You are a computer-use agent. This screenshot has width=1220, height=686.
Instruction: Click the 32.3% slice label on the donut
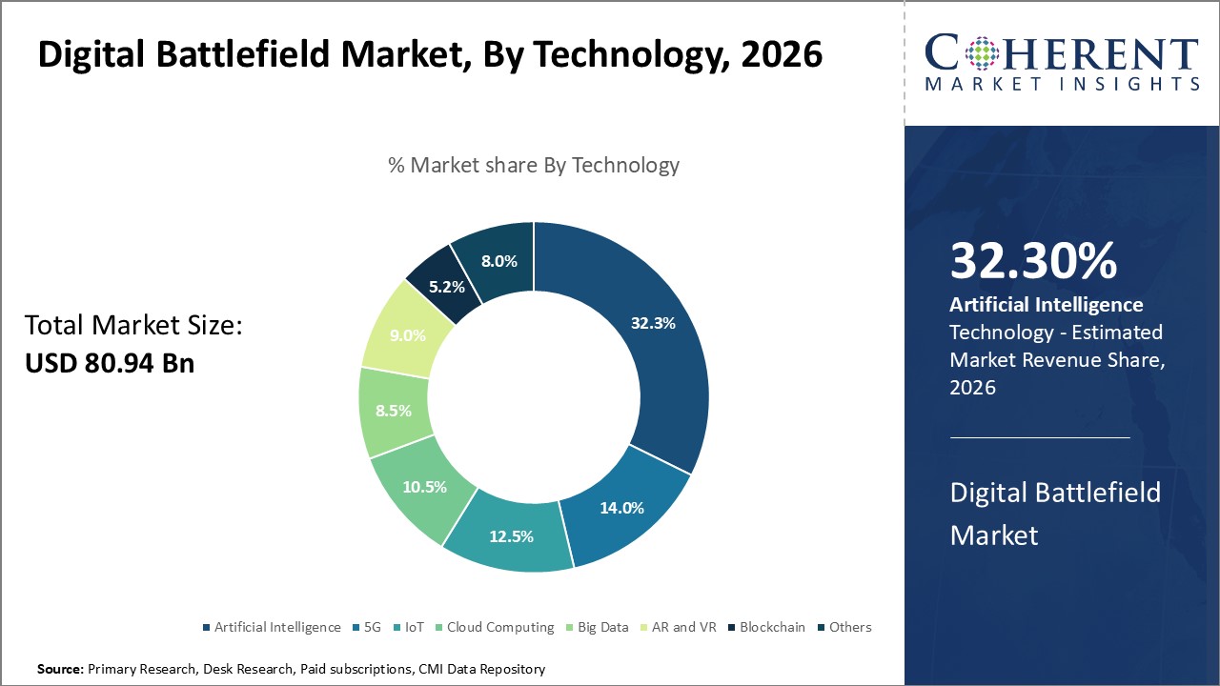click(x=653, y=323)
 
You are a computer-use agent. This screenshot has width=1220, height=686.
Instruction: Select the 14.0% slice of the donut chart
click(x=621, y=507)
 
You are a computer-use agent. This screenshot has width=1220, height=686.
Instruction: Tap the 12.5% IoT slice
click(x=511, y=535)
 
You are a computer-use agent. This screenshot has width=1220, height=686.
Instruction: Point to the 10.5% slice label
click(x=424, y=487)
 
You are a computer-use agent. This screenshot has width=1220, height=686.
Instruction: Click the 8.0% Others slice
click(x=498, y=260)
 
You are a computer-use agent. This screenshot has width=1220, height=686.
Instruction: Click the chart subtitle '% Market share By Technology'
click(x=534, y=165)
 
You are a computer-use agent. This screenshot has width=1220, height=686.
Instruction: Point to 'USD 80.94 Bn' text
click(x=110, y=362)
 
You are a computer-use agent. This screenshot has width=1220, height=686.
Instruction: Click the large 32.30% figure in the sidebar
click(x=1033, y=262)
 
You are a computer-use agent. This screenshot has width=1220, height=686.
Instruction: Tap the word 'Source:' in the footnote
click(x=60, y=670)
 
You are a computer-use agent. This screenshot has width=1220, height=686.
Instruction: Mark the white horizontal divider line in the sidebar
click(x=1039, y=438)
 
